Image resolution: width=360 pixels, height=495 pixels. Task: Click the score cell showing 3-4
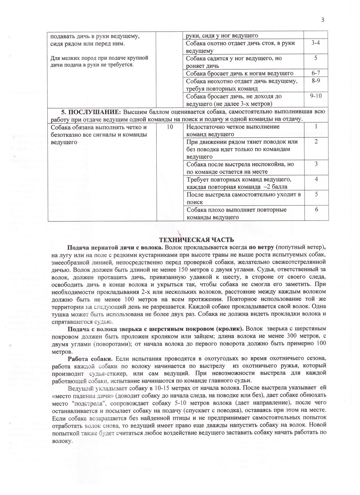click(315, 43)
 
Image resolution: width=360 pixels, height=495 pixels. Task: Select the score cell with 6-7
click(315, 73)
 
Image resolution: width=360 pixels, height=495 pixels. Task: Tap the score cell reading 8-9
click(315, 81)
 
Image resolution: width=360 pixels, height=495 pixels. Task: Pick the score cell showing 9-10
click(315, 96)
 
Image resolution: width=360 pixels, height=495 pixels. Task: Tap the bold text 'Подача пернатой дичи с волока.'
click(115, 247)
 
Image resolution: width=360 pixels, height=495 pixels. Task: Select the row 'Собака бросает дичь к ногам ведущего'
click(240, 73)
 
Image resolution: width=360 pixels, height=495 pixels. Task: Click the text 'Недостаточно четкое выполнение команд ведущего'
click(233, 130)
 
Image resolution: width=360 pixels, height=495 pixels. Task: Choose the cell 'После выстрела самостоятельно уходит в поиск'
click(244, 198)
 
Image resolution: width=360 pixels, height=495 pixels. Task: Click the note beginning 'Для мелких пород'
click(99, 61)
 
